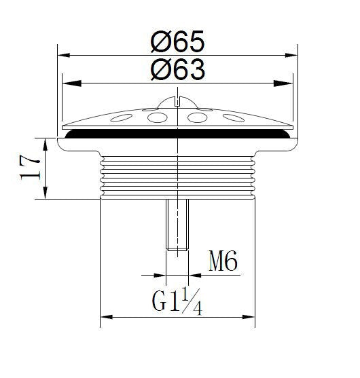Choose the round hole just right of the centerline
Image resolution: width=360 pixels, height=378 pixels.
click(x=196, y=118)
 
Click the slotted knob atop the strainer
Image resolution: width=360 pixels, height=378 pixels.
click(x=177, y=102)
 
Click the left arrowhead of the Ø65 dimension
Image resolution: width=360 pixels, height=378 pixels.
click(x=62, y=56)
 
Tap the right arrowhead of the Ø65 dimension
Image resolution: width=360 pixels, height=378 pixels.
click(x=294, y=56)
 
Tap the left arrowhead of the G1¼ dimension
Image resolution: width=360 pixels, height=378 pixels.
click(x=105, y=317)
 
